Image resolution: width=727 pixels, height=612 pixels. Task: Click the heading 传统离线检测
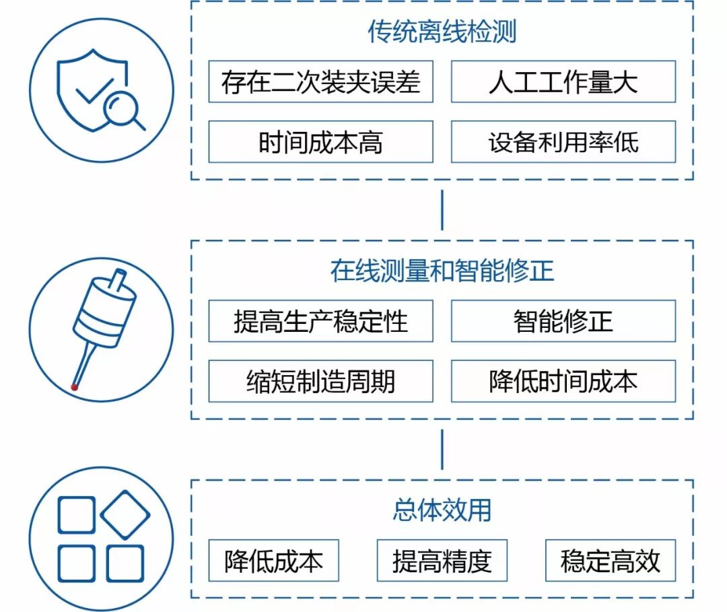pyautogui.click(x=442, y=32)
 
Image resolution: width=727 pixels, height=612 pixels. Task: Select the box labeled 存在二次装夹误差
pyautogui.click(x=320, y=81)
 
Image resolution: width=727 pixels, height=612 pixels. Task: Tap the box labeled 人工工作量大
pyautogui.click(x=563, y=81)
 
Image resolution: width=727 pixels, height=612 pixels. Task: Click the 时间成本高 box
pyautogui.click(x=320, y=142)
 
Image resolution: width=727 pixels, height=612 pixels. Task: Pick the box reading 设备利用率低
pyautogui.click(x=563, y=142)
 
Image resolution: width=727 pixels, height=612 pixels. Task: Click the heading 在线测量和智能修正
pyautogui.click(x=442, y=271)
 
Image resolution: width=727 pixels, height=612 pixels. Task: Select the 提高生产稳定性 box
pyautogui.click(x=320, y=321)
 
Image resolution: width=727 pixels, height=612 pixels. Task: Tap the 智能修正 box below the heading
pyautogui.click(x=563, y=321)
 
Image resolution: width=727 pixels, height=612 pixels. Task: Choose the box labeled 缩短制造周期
pyautogui.click(x=320, y=381)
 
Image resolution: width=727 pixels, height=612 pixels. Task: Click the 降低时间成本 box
pyautogui.click(x=563, y=381)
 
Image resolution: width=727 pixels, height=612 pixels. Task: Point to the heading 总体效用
pyautogui.click(x=442, y=510)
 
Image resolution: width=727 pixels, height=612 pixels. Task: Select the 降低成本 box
pyautogui.click(x=273, y=561)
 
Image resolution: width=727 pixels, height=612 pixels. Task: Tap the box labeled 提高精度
pyautogui.click(x=442, y=561)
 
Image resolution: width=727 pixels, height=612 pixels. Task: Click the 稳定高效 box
pyautogui.click(x=610, y=561)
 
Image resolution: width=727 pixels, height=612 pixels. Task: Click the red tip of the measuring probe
pyautogui.click(x=75, y=387)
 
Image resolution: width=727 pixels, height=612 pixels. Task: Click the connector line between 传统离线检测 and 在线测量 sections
pyautogui.click(x=442, y=210)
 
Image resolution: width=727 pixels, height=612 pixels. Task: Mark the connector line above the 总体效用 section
pyautogui.click(x=442, y=449)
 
